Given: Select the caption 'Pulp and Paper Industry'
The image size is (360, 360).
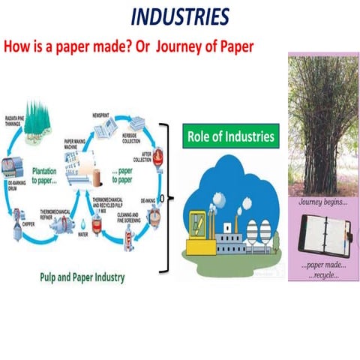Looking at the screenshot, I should point(82,277).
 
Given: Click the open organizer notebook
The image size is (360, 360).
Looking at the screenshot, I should point(322,238).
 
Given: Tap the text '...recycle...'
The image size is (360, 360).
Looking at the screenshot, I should point(322,274).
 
